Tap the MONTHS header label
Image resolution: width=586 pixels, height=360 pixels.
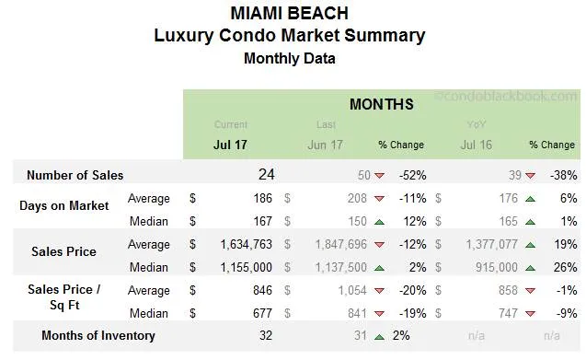[x=381, y=105]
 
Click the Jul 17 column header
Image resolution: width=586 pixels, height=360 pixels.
[x=230, y=145]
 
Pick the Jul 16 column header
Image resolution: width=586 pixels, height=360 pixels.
[x=476, y=145]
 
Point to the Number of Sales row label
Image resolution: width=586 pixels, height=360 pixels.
[x=75, y=175]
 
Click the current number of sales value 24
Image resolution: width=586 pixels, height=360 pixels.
[x=266, y=174]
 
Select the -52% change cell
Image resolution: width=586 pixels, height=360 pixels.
[x=411, y=175]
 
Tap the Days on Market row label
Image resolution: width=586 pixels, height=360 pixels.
[x=63, y=206]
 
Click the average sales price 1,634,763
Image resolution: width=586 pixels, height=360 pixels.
[x=242, y=245]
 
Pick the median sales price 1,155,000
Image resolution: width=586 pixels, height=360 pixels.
[x=242, y=267]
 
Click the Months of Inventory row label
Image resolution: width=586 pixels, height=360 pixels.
[x=98, y=336]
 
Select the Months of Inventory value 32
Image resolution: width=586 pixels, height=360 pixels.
[x=266, y=336]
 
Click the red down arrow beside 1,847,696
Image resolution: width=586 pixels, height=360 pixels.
[x=379, y=246]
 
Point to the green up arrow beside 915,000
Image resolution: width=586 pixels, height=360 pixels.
[x=529, y=268]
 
